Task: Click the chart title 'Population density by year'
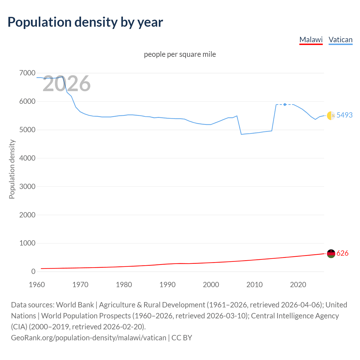click(85, 22)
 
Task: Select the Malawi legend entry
click(311, 40)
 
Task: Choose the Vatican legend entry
click(340, 40)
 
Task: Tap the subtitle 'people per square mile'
click(180, 54)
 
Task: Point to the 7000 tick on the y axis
click(27, 73)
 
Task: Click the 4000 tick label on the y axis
click(27, 158)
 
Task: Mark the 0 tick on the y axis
click(33, 271)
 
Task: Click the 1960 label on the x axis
click(37, 285)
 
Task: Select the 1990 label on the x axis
click(167, 285)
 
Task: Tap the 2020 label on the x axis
click(298, 285)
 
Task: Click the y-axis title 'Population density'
click(12, 169)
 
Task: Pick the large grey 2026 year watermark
click(66, 84)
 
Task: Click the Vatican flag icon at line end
click(331, 115)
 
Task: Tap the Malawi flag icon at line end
click(331, 253)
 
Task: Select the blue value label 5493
click(344, 115)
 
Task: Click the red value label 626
click(342, 253)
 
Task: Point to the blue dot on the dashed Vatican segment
click(285, 104)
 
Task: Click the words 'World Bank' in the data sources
click(75, 305)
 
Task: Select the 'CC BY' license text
click(182, 337)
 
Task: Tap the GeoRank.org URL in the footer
click(89, 337)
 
